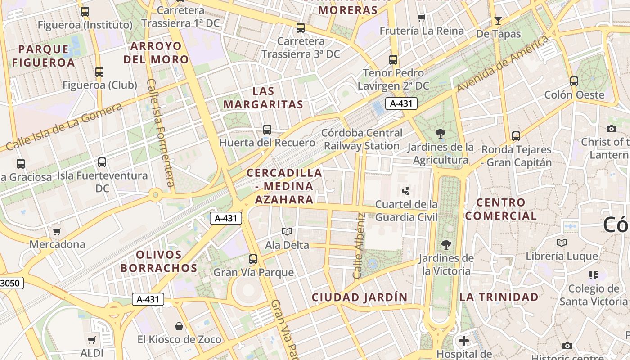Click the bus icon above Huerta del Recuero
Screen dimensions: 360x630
[267, 130]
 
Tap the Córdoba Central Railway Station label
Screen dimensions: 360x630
[362, 139]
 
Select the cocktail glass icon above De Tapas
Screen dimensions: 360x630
[498, 20]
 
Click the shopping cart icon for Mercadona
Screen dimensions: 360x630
[57, 232]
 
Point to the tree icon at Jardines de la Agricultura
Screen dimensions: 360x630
[441, 133]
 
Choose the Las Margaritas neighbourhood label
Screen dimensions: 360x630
[263, 98]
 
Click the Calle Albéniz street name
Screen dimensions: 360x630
[359, 245]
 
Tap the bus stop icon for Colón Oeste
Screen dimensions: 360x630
[574, 81]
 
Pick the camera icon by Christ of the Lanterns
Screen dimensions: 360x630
[611, 129]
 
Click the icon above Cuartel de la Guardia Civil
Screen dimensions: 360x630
[406, 191]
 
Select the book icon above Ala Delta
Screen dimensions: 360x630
[287, 232]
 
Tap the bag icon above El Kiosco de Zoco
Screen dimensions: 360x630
[179, 326]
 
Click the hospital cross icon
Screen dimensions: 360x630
[464, 341]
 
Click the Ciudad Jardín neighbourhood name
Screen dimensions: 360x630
[360, 297]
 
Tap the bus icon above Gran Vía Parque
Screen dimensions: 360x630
[253, 259]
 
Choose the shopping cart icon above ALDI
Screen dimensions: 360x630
[92, 340]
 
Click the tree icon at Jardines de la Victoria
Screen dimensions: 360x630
[446, 245]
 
